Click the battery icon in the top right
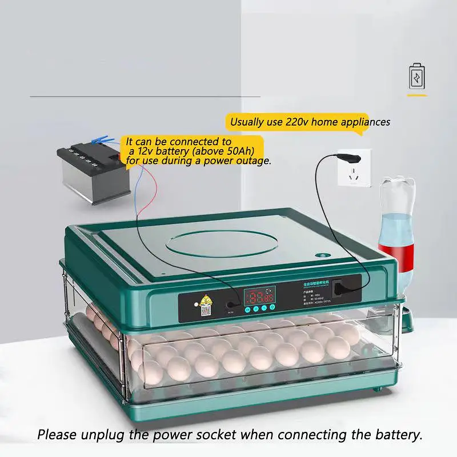[x=417, y=77]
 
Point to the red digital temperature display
[x=259, y=296]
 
